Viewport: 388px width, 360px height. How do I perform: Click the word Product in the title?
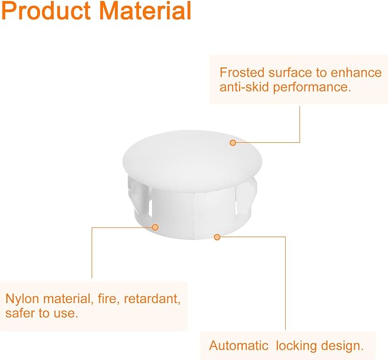tap(46, 11)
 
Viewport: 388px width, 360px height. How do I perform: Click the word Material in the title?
tap(145, 11)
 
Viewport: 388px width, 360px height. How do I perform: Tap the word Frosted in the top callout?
tap(242, 73)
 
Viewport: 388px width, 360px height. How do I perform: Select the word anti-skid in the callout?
tap(244, 87)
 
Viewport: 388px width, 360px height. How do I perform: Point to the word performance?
tap(312, 87)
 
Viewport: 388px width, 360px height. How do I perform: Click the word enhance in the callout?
tap(356, 73)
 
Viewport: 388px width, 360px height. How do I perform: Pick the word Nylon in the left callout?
tap(22, 299)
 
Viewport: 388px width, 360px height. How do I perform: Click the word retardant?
tap(152, 299)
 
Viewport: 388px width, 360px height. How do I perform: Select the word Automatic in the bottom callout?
tap(238, 345)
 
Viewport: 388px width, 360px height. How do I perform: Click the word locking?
tap(296, 346)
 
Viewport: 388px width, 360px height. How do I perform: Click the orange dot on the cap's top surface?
tap(233, 143)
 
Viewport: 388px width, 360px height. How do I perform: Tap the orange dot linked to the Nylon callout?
tap(155, 227)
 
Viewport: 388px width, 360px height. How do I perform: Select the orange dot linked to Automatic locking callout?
tap(217, 237)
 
